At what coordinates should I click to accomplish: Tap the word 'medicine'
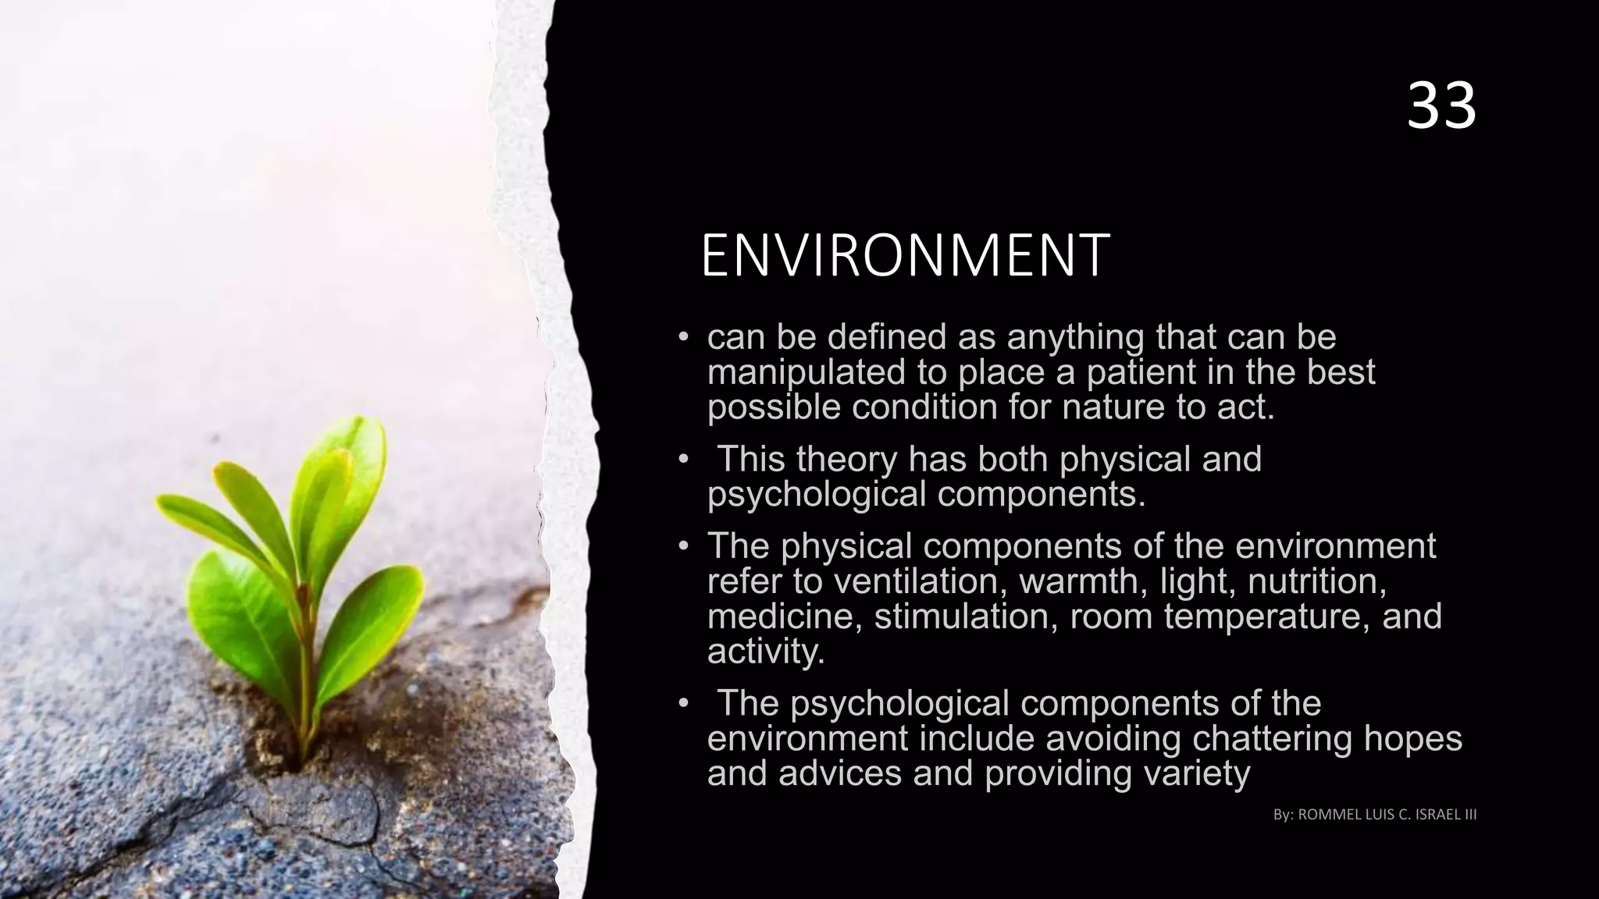(784, 617)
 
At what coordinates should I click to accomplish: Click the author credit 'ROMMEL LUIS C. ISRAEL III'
(1387, 815)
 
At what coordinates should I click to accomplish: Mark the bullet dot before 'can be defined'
(682, 338)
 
